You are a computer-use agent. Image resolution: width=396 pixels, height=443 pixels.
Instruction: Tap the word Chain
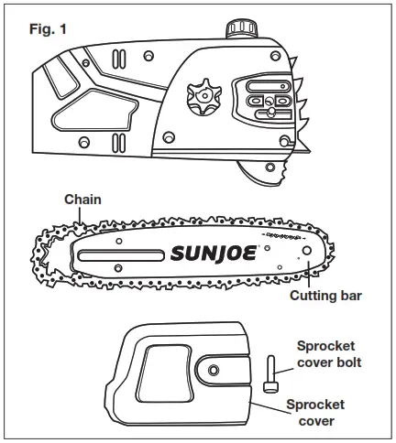[x=82, y=199]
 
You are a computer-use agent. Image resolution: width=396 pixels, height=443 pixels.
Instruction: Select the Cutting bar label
[x=324, y=296]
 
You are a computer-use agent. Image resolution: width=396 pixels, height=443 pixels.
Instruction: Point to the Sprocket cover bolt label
[x=328, y=353]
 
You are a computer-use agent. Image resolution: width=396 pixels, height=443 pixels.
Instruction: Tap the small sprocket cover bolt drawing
[x=270, y=375]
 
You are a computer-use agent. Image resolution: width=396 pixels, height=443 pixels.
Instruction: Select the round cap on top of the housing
[x=242, y=28]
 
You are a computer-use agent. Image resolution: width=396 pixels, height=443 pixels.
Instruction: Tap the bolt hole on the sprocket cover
[x=214, y=369]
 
